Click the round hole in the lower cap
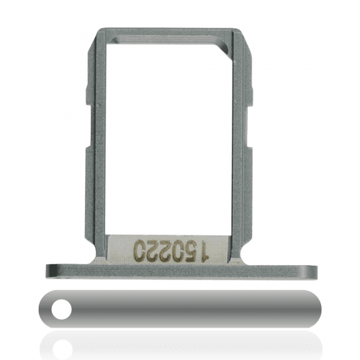click(62, 310)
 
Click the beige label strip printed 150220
click(168, 249)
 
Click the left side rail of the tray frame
click(96, 144)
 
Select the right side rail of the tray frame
click(241, 144)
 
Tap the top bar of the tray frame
click(168, 35)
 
